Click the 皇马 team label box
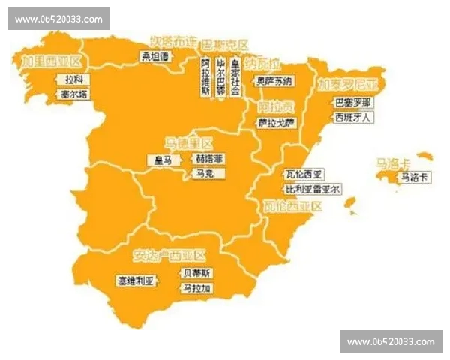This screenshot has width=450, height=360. (163, 160)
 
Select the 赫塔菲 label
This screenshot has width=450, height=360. (209, 159)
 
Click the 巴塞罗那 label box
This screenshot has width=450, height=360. (352, 102)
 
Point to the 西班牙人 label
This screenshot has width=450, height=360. (352, 118)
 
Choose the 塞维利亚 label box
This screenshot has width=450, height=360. (135, 280)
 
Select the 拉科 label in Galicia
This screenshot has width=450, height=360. (73, 79)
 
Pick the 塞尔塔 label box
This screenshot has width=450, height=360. (73, 95)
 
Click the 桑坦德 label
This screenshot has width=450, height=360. (156, 55)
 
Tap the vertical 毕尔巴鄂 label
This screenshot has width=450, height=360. (220, 76)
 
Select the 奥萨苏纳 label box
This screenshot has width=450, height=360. (274, 80)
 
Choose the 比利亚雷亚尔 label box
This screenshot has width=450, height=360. (313, 189)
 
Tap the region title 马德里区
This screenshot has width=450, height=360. (189, 142)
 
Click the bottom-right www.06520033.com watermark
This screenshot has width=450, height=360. (391, 341)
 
